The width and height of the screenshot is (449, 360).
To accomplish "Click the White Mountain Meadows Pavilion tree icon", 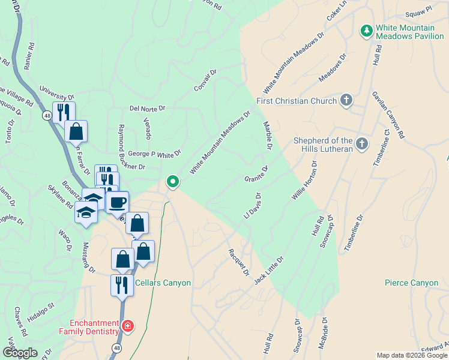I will tap(366, 30).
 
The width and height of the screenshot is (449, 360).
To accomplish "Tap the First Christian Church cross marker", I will tap(346, 100).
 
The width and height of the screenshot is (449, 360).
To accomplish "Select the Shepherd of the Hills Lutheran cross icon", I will tap(361, 143).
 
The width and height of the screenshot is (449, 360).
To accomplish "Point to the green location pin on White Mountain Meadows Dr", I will tap(173, 181).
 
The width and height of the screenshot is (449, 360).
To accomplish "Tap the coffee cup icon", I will tap(118, 202).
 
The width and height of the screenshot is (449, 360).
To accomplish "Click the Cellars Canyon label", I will tap(163, 283).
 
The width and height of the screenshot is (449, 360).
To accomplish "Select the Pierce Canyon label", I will tap(411, 283).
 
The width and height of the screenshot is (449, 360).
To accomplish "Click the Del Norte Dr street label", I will tap(146, 109).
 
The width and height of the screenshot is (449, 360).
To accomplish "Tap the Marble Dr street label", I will tap(268, 136).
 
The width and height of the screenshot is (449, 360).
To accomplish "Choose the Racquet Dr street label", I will tap(238, 263).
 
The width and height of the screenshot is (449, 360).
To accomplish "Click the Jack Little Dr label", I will tap(268, 270).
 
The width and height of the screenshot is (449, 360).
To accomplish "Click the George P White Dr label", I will tap(154, 154).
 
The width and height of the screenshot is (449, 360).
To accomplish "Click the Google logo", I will tap(20, 353).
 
